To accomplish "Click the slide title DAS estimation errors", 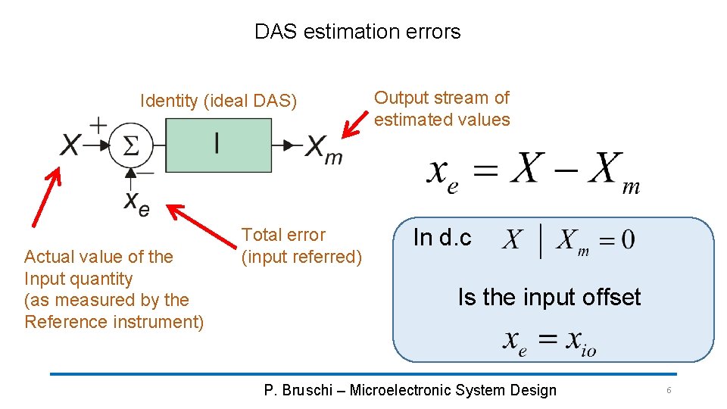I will (357, 32).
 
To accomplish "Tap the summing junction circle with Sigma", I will (131, 145).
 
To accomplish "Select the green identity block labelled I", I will (218, 145).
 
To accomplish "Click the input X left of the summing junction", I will (70, 145).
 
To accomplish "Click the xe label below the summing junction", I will (136, 203).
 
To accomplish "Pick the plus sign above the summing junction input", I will (98, 123).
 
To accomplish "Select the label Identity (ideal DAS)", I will (219, 101).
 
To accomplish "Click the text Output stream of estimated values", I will (442, 108).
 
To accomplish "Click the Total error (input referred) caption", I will (301, 246).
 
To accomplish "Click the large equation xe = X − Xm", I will (532, 173).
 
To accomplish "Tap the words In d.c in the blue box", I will (442, 238).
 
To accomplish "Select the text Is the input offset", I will (549, 298).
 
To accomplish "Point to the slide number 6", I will (669, 390).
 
